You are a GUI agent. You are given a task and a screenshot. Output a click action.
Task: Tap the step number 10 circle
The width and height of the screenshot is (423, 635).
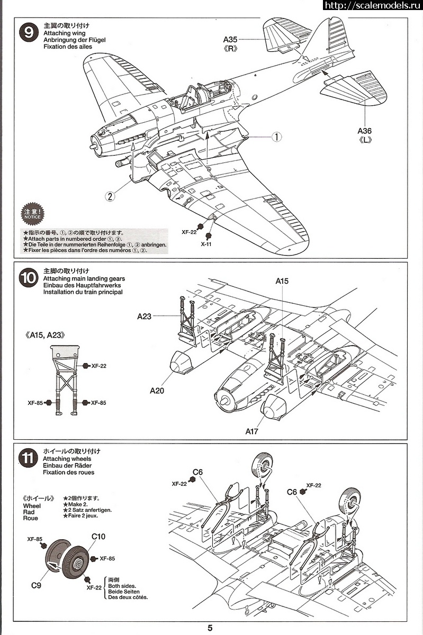pos(28,278)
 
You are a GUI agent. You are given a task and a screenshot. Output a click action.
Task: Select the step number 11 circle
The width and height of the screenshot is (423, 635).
pos(28,458)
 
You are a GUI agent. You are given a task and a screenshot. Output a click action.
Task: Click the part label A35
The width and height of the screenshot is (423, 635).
pos(231,39)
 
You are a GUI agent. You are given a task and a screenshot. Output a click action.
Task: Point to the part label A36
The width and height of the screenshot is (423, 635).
pos(365,131)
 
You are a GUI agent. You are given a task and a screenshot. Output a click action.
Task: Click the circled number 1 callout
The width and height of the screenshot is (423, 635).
pos(276,137)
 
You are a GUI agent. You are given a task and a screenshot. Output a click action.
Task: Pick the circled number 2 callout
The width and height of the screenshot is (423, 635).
pos(110,196)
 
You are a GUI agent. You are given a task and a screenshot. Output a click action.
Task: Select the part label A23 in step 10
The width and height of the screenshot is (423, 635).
pos(144,316)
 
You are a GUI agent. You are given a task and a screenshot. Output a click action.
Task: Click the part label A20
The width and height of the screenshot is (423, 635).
pos(157,391)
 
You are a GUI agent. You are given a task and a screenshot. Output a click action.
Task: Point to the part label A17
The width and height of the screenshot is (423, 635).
pos(252,431)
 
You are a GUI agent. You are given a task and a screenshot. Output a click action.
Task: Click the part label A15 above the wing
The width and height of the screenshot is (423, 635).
pos(282,281)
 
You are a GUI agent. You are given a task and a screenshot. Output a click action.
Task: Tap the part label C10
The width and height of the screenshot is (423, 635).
pos(98,537)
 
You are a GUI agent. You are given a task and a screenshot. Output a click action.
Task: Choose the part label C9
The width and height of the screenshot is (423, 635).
pos(36,585)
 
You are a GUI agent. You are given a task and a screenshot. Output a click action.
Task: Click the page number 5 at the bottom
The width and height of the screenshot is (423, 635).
pos(210,628)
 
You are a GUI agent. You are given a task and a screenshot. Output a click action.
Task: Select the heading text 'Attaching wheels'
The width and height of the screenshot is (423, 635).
pos(67,459)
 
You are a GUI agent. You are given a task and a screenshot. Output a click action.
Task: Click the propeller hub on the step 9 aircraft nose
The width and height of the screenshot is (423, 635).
pos(95,142)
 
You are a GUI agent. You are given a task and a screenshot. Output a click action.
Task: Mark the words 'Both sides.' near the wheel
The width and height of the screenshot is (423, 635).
pos(122,586)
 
